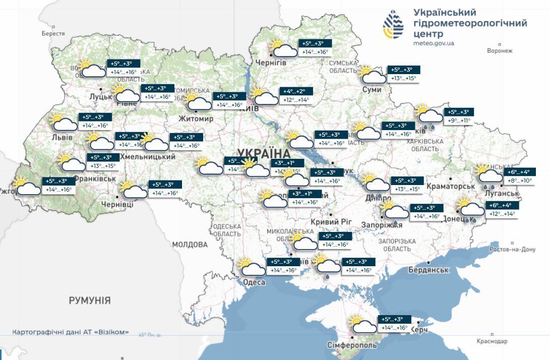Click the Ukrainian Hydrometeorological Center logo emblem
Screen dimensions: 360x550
click(393, 25)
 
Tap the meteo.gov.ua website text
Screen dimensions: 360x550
click(434, 43)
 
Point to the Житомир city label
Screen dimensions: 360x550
click(196, 118)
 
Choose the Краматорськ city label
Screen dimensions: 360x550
click(450, 186)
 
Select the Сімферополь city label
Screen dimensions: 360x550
click(351, 346)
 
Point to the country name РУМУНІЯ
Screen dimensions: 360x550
click(90, 301)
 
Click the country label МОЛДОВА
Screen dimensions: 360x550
click(190, 245)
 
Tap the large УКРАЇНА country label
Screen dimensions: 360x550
click(264, 153)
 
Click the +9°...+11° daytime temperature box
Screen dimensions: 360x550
click(459, 121)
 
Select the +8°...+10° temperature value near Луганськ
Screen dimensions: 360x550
click(519, 181)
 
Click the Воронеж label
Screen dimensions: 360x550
click(500, 51)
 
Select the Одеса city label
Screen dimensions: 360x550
click(254, 282)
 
